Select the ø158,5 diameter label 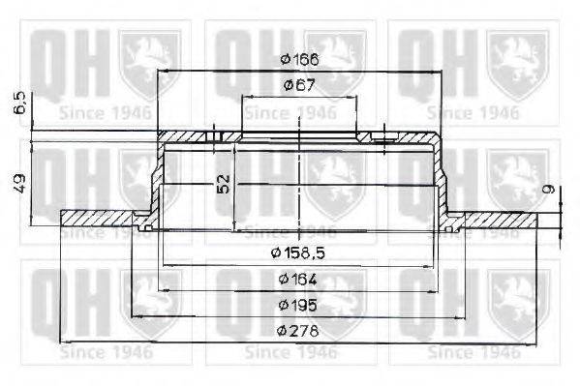(x=298, y=253)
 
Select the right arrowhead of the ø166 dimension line (x=438, y=72)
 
